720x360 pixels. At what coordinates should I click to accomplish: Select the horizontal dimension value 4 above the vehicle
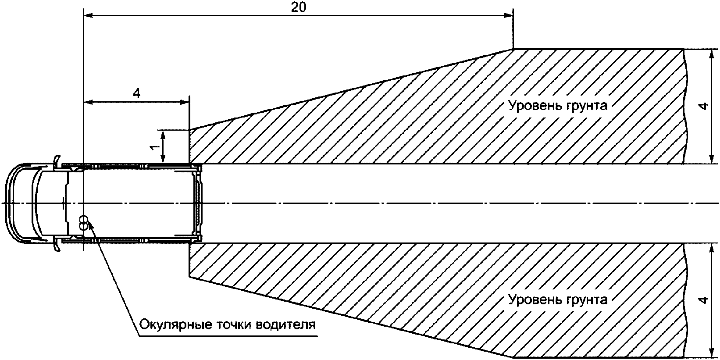coord(136,93)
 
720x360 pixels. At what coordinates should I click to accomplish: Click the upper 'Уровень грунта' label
coord(558,106)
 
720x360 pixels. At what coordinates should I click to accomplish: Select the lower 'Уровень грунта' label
coord(558,300)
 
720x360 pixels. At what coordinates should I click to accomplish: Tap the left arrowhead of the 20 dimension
coord(88,16)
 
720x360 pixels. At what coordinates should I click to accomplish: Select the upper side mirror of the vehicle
coord(57,161)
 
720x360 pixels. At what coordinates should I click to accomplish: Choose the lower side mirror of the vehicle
coord(57,245)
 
